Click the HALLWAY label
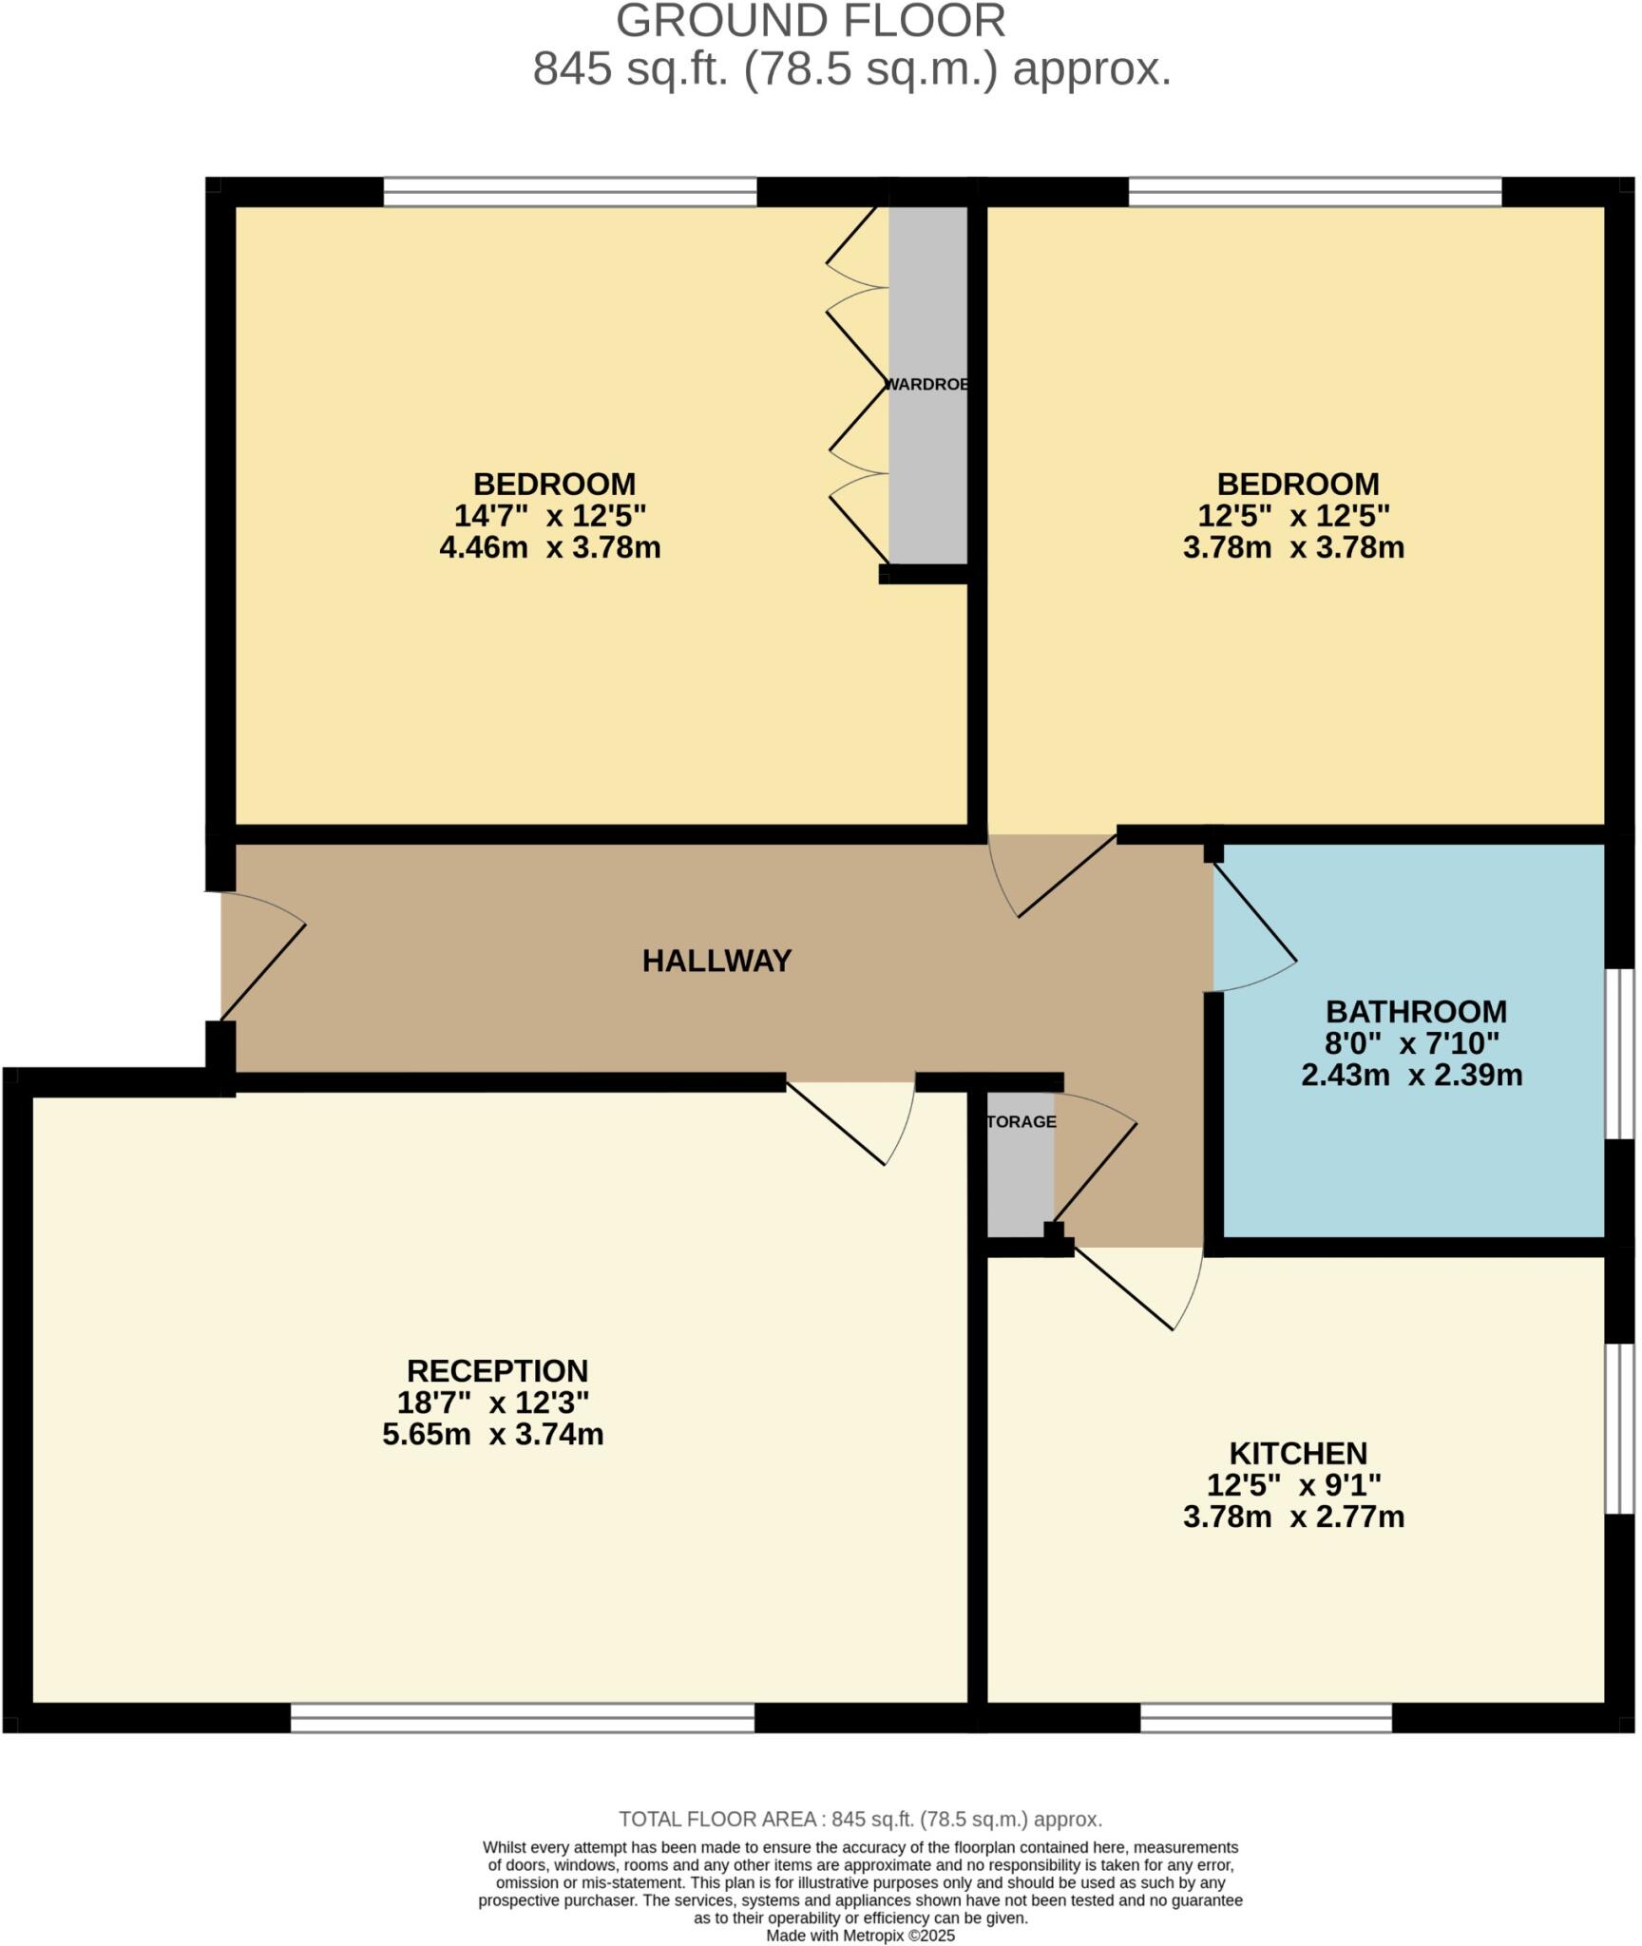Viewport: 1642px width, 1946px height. click(716, 961)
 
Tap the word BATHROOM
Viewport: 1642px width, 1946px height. click(1415, 1010)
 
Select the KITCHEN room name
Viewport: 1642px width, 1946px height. click(1297, 1453)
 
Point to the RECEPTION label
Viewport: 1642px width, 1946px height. click(497, 1370)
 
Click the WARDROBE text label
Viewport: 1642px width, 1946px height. click(926, 385)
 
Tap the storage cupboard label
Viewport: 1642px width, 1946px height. click(1021, 1121)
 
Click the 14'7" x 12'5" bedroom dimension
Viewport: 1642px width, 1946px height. click(549, 516)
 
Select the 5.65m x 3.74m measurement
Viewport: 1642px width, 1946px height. click(492, 1434)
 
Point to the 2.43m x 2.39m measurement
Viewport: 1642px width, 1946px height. click(1411, 1075)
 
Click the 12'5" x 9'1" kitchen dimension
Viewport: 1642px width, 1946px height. click(1293, 1484)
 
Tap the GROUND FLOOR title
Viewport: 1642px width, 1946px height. click(811, 21)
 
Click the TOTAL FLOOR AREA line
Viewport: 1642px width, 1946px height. click(860, 1820)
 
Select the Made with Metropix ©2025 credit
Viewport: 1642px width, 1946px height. click(860, 1936)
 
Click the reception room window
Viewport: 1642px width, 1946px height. click(522, 1717)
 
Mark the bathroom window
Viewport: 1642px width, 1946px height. click(1619, 1053)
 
